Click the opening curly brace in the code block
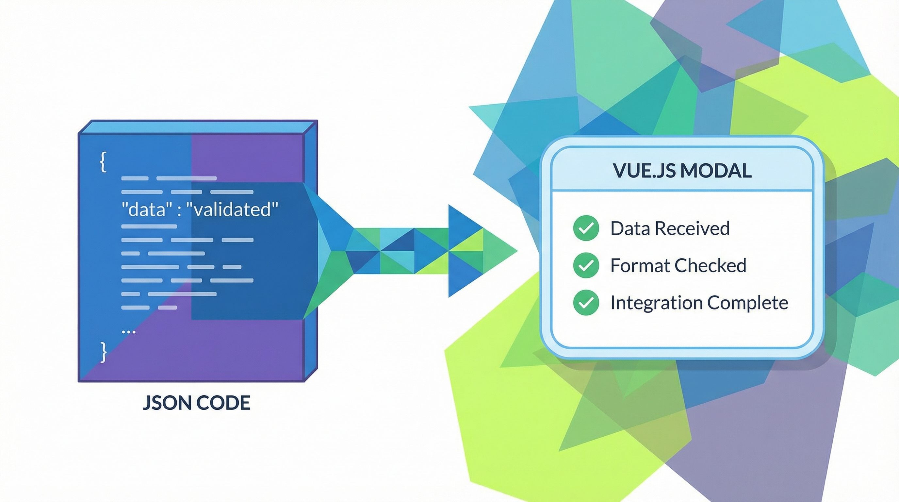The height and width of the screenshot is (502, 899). [x=103, y=162]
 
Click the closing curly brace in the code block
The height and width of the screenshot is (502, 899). [x=103, y=352]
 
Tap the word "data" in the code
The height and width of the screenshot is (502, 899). [x=147, y=209]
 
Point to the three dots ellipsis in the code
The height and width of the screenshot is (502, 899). [x=128, y=332]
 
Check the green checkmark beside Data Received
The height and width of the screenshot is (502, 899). [x=586, y=228]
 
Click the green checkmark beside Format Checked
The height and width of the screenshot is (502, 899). [x=586, y=265]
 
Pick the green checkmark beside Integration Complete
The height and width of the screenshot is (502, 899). [x=586, y=302]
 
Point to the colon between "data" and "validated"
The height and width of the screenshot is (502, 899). [x=179, y=211]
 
